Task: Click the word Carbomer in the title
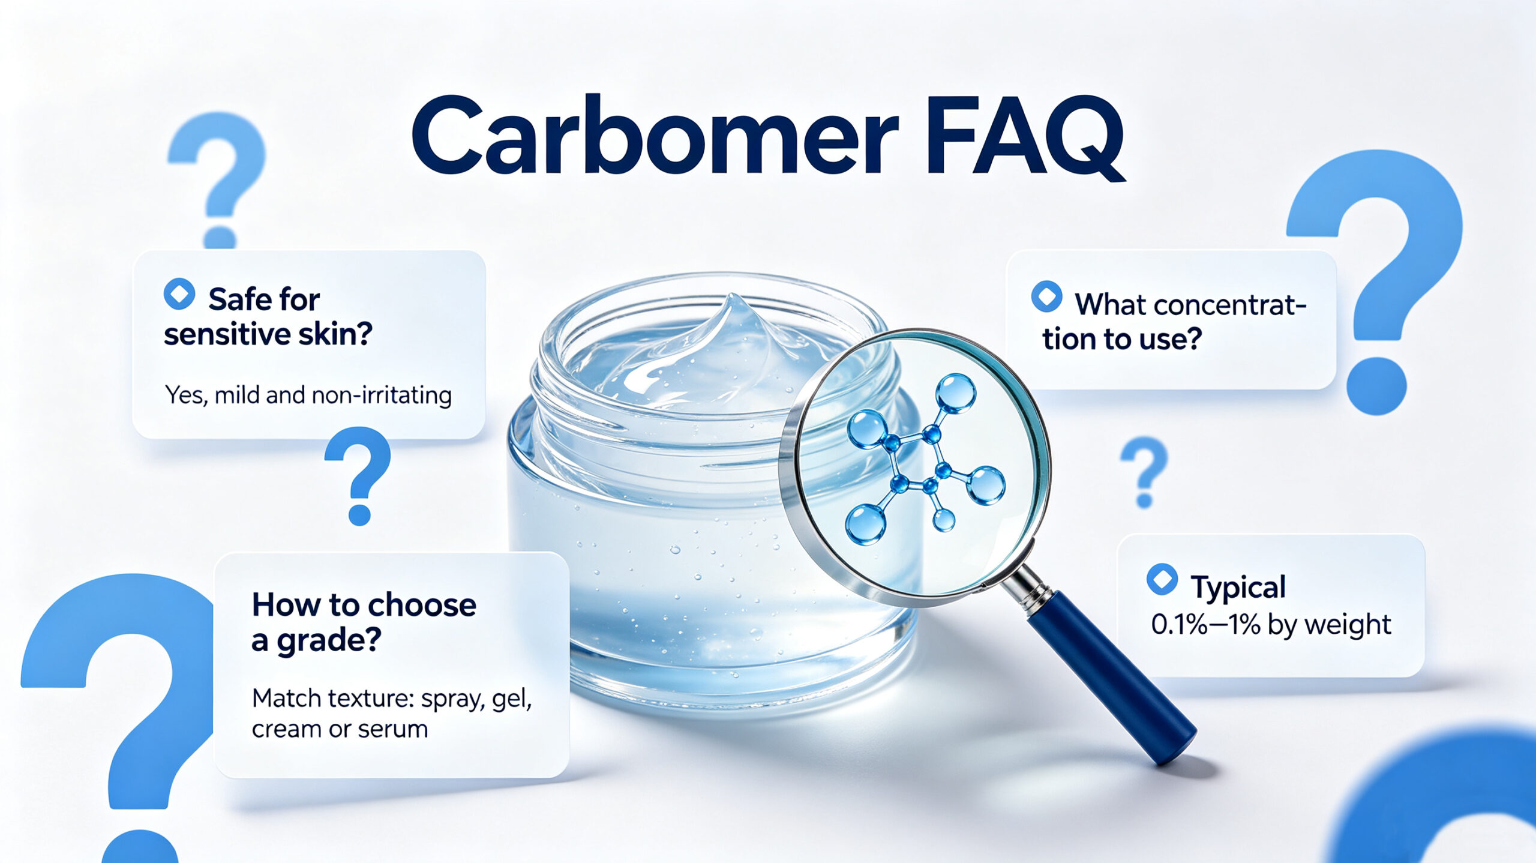coord(654,134)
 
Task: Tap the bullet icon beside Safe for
coord(179,294)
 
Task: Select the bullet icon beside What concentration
coord(1046,296)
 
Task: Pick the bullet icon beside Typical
coord(1162,579)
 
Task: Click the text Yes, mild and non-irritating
coord(308,395)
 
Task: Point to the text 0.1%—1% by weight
coord(1271,625)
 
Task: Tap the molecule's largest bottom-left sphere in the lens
coord(865,525)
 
